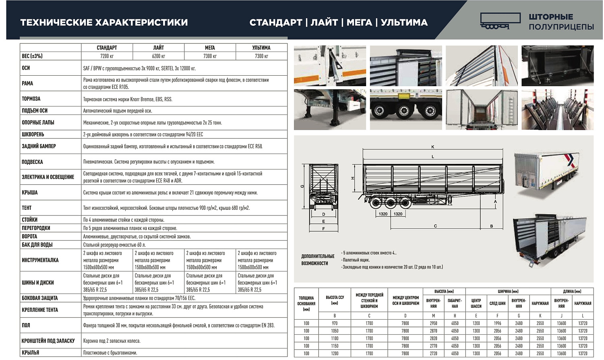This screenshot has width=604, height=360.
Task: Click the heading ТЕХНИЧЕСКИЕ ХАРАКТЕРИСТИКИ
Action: tap(104, 23)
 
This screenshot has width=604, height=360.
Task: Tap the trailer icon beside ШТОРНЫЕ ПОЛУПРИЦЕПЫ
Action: tap(500, 21)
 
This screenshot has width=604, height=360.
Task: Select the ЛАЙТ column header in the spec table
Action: tap(158, 48)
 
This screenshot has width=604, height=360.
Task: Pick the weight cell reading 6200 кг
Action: tap(158, 56)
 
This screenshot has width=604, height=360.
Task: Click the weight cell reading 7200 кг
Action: tap(107, 56)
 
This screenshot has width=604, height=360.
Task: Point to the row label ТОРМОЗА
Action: tap(31, 99)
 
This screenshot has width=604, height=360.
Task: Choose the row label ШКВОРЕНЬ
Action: tap(33, 134)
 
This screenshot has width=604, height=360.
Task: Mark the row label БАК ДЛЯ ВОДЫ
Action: tap(37, 245)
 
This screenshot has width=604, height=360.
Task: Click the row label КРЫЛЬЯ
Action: tap(31, 353)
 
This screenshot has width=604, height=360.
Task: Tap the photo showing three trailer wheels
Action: tap(405, 110)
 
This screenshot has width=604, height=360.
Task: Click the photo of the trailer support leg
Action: tap(329, 110)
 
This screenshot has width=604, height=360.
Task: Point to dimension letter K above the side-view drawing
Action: tap(433, 147)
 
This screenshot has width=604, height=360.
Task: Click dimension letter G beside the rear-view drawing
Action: tap(302, 186)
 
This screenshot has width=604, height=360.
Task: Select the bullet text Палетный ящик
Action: tap(356, 260)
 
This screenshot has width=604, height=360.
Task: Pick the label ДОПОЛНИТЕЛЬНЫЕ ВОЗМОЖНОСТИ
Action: tap(318, 260)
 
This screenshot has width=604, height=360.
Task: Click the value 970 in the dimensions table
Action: tap(335, 323)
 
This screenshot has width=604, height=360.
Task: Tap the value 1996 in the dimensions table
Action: tap(497, 323)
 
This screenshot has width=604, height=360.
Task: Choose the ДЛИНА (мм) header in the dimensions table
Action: tap(572, 291)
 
